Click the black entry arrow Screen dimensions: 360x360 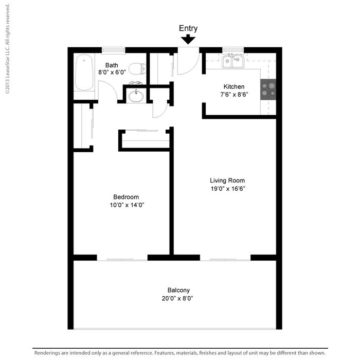pos(188,39)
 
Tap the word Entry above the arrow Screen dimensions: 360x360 pos(188,28)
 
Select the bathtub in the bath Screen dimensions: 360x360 pos(83,73)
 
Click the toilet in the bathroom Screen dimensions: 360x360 pos(136,68)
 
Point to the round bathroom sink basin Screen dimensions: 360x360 pos(136,96)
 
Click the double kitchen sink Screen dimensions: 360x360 pos(233,62)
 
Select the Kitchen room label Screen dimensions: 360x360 pos(233,86)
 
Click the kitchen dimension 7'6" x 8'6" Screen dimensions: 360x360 pos(233,95)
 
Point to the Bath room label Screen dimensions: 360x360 pos(112,65)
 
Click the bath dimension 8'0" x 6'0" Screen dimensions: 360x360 pos(112,73)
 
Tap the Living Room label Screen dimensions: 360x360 pos(227,181)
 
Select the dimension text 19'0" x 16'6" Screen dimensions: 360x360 pos(227,189)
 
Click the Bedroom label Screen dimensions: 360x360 pos(126,197)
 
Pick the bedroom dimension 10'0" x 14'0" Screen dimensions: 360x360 pos(126,205)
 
